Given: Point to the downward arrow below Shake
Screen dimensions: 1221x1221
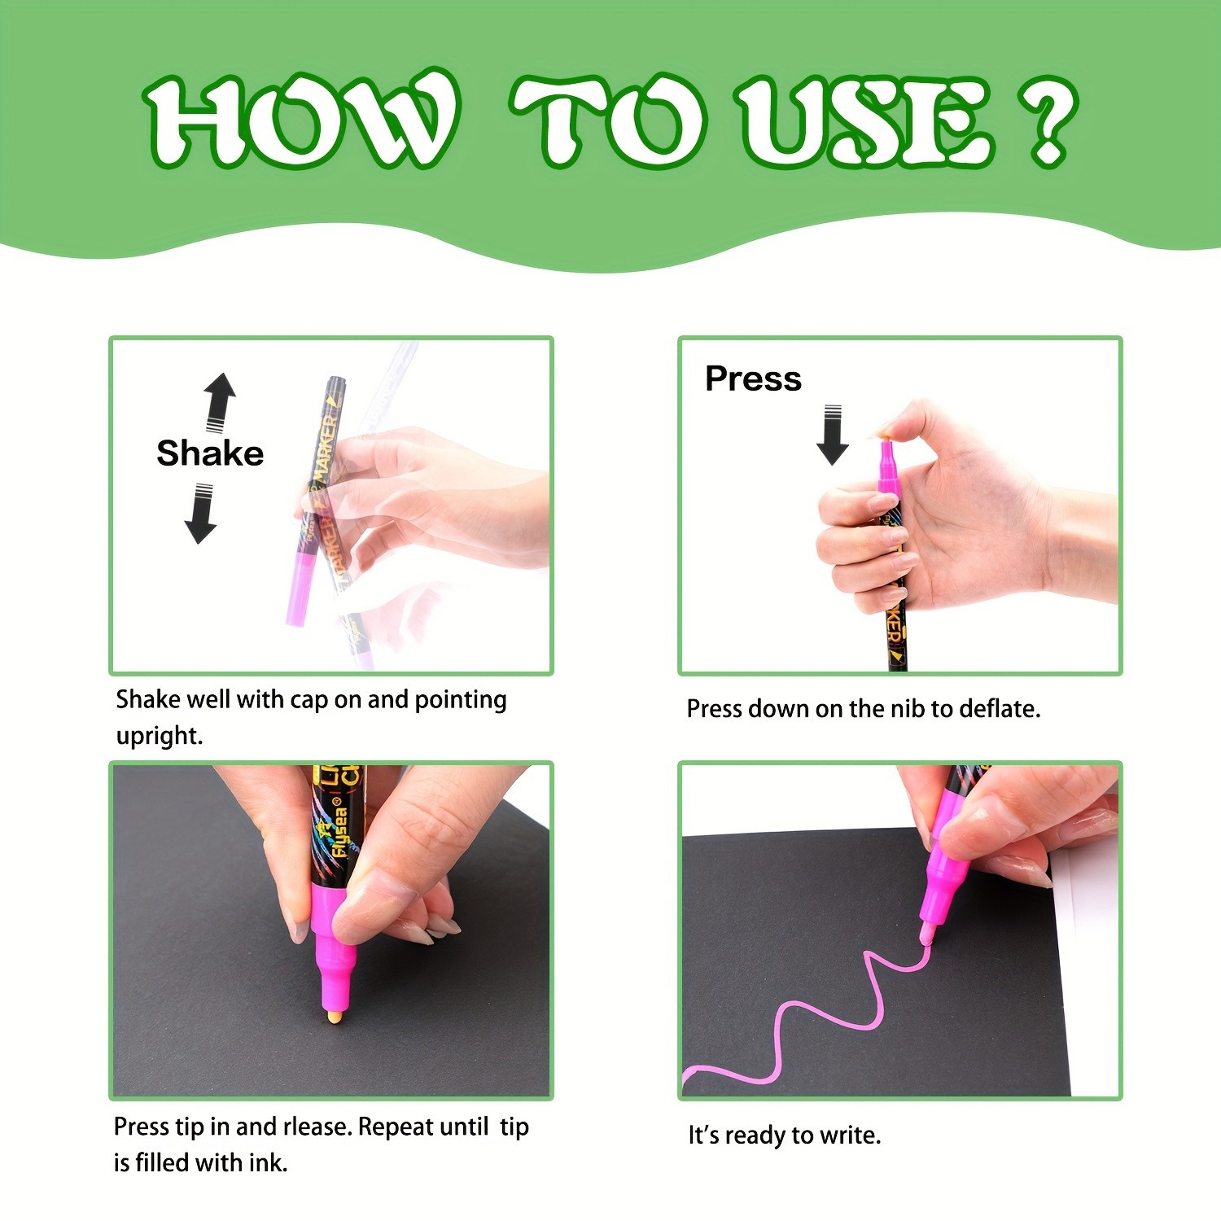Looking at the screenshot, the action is [200, 514].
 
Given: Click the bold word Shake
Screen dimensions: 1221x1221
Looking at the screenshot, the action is [210, 453].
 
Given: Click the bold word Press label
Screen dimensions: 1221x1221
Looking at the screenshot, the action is [753, 379].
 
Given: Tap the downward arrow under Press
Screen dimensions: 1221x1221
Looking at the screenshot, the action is [832, 435].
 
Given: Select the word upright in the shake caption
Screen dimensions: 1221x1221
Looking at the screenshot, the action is [158, 737].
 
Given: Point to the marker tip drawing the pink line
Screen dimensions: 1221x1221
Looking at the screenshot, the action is [926, 934].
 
